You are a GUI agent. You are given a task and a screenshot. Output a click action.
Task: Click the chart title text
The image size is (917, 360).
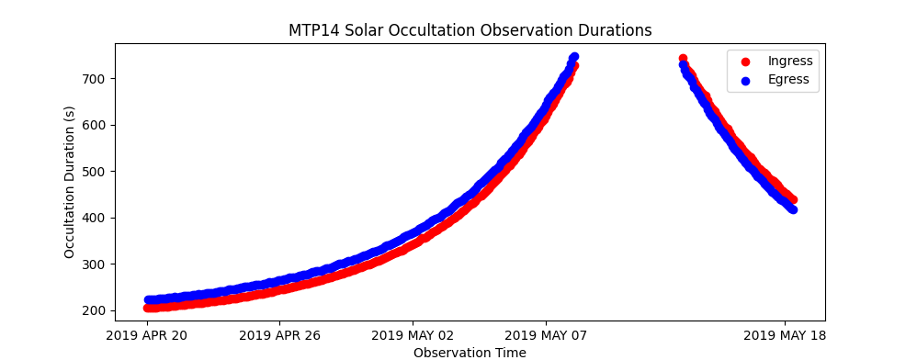pyautogui.click(x=470, y=30)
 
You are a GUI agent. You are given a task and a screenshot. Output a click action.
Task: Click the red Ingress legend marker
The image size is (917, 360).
pyautogui.click(x=745, y=62)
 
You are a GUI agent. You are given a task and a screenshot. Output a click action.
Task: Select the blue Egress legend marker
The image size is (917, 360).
pyautogui.click(x=745, y=81)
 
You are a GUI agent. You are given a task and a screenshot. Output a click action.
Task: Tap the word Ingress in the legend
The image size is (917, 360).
pyautogui.click(x=790, y=62)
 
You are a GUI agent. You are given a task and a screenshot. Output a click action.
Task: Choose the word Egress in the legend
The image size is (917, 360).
pyautogui.click(x=788, y=81)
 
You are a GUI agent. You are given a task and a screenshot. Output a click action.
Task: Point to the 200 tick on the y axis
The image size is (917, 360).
pyautogui.click(x=98, y=311)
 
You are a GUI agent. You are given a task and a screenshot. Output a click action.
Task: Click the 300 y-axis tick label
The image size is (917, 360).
pyautogui.click(x=98, y=264)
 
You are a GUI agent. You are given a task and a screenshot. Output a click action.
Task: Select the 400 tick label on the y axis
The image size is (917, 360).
pyautogui.click(x=98, y=218)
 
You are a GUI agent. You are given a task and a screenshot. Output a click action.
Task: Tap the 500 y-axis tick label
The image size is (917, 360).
pyautogui.click(x=98, y=171)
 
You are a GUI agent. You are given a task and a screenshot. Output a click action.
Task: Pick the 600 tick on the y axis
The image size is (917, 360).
pyautogui.click(x=98, y=125)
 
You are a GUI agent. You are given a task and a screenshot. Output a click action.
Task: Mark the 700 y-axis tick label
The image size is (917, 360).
pyautogui.click(x=98, y=78)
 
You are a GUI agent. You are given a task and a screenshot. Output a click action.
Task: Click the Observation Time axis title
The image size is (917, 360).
pyautogui.click(x=470, y=353)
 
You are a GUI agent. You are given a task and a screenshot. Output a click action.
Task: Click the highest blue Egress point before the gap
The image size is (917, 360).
pyautogui.click(x=574, y=57)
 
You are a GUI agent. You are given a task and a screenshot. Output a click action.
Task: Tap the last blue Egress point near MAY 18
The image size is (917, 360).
pyautogui.click(x=793, y=209)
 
